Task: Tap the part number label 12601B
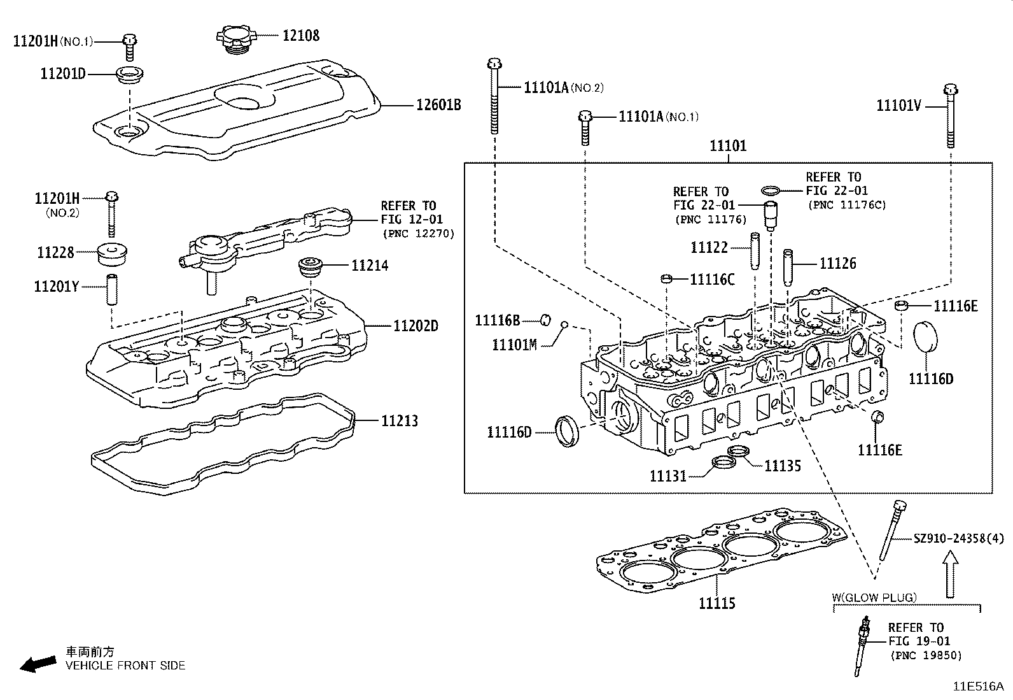click(438, 104)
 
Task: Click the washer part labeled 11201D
click(129, 74)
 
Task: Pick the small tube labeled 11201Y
click(112, 289)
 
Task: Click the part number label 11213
click(400, 420)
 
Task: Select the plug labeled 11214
click(312, 267)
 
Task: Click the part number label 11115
click(716, 603)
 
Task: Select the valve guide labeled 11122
click(755, 250)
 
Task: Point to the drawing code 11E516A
click(977, 687)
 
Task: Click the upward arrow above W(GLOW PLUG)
click(950, 573)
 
